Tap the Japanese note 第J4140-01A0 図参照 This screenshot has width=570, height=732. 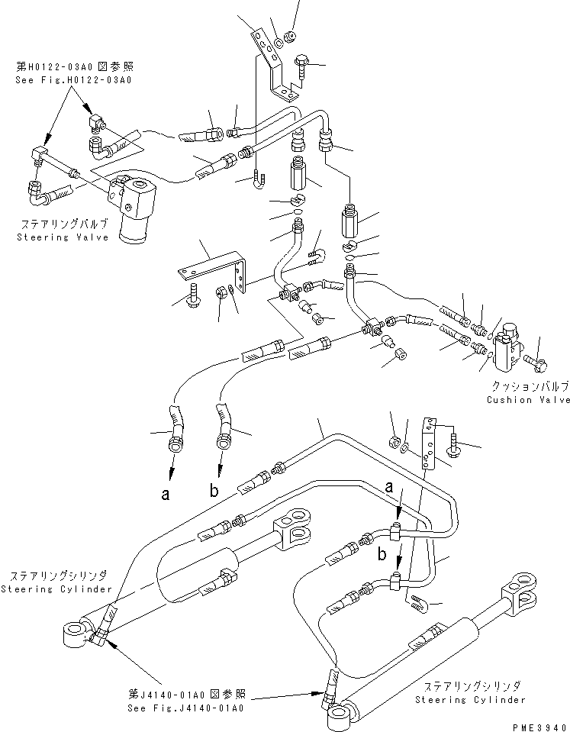pos(186,695)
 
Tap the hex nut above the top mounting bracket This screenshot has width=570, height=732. pos(291,35)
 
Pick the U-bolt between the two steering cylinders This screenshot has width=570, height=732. pos(412,602)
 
